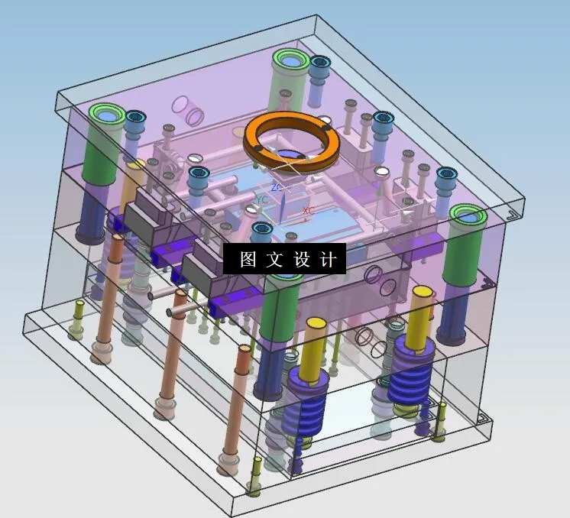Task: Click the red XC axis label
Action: [308, 210]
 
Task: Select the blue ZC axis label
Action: [277, 186]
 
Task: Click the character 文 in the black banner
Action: [274, 260]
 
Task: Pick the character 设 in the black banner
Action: [300, 260]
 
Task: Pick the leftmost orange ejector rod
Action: [108, 298]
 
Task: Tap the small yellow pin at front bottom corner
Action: [256, 474]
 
